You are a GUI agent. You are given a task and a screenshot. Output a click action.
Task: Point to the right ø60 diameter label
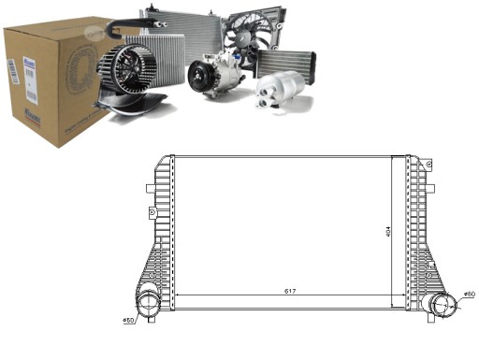tap(468, 295)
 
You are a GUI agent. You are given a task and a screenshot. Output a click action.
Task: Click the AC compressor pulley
tap(200, 75)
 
